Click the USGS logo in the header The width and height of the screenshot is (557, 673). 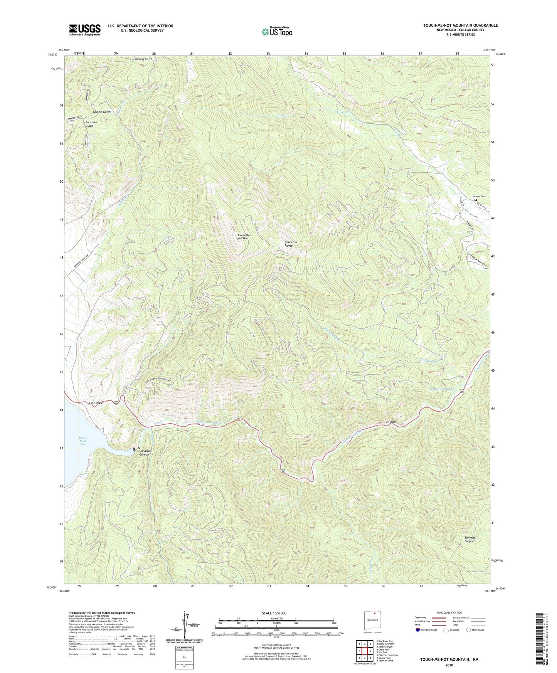85,30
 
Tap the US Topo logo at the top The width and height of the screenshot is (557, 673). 276,32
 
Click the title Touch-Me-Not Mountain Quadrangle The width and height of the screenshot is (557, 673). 460,25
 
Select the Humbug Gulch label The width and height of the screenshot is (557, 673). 143,59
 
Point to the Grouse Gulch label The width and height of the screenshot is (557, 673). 102,112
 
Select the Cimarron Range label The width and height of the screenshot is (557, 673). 291,244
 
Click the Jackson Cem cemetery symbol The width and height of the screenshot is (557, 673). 475,200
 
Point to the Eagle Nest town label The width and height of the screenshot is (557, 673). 95,403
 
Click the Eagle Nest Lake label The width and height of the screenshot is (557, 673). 83,441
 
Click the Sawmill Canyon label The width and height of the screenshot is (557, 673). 469,539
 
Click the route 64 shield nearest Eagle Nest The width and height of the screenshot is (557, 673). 116,403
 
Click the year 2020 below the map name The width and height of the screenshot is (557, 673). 449,665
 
